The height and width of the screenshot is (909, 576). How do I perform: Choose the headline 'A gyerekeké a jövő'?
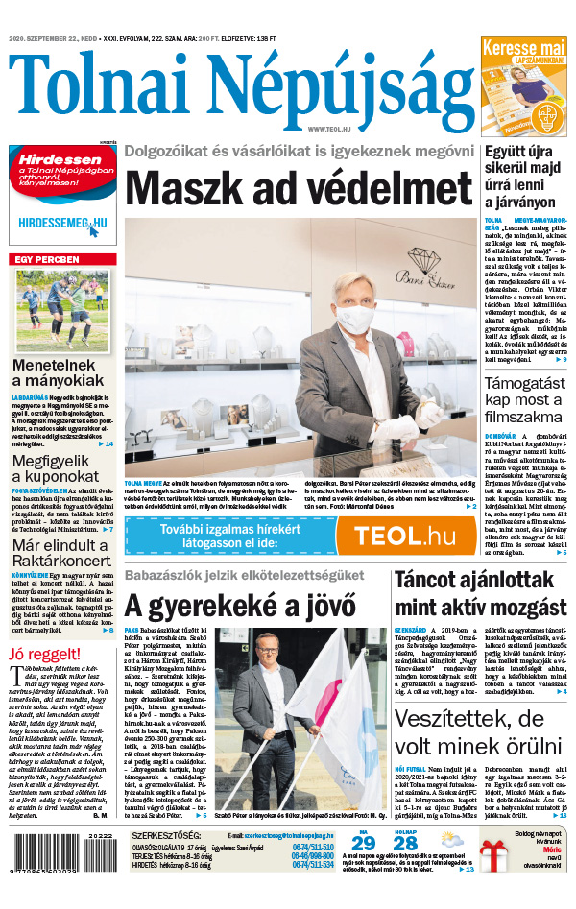240,606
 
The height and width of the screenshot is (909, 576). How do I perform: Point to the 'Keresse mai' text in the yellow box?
523,47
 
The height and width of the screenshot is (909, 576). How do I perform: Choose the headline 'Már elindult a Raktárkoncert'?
62,553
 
